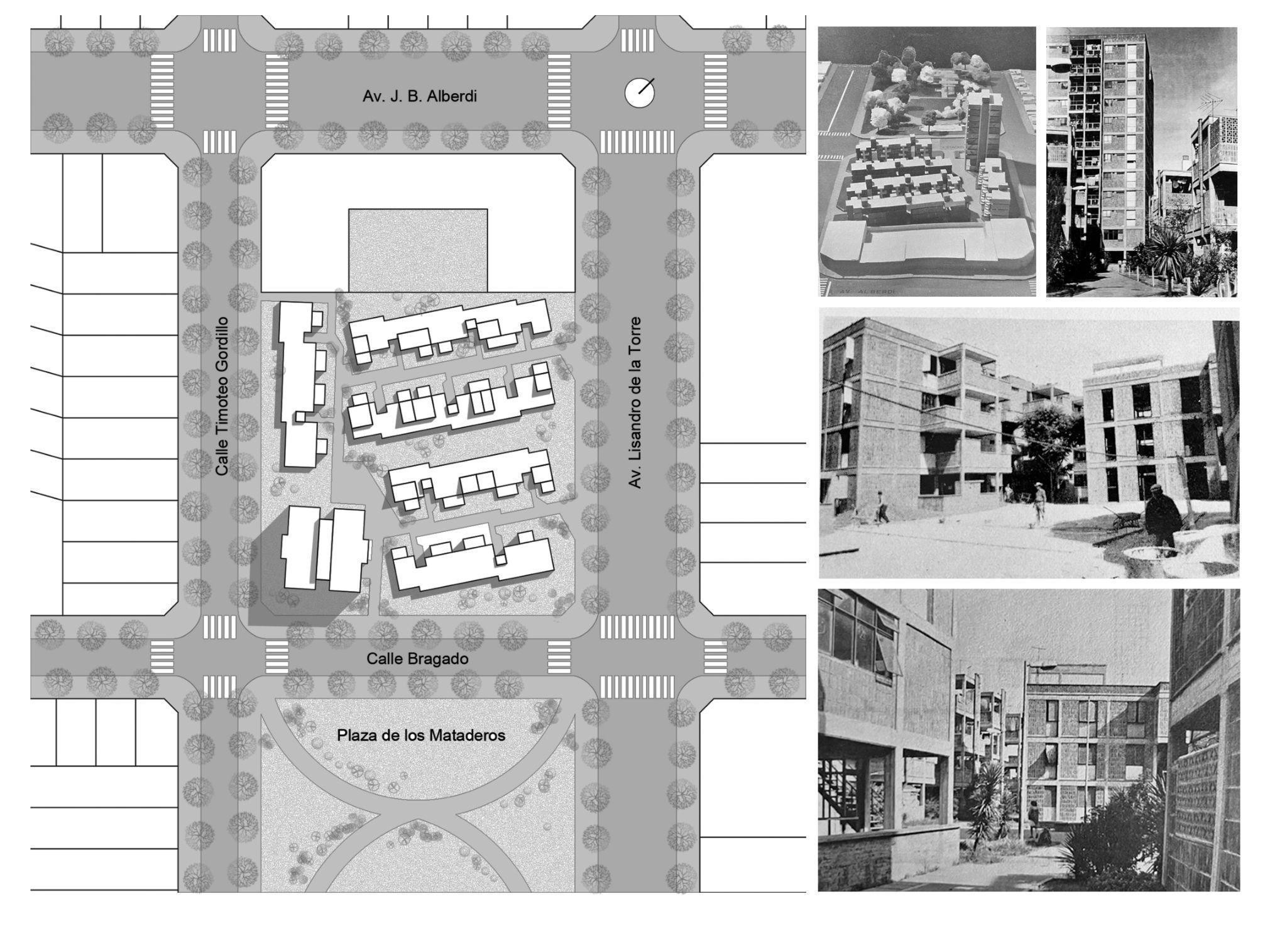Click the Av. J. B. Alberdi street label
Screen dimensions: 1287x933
pos(419,96)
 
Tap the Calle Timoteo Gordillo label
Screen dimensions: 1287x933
pos(222,396)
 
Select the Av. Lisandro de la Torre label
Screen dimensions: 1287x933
pos(635,402)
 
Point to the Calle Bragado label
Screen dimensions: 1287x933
pos(417,659)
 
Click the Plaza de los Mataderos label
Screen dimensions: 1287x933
pos(421,735)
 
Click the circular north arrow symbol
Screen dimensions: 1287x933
pos(640,93)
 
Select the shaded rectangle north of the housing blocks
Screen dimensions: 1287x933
pos(418,250)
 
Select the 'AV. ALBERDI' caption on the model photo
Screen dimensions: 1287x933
pos(866,291)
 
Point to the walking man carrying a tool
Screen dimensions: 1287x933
pos(882,507)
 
